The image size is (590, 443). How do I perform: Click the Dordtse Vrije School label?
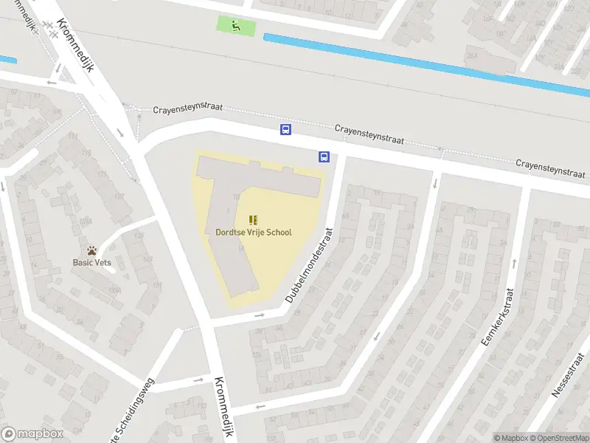point(253,233)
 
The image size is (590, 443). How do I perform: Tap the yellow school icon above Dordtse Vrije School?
point(253,219)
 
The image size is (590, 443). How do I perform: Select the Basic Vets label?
point(91,261)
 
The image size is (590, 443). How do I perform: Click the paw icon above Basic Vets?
point(91,250)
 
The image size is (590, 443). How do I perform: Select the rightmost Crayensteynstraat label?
point(550,168)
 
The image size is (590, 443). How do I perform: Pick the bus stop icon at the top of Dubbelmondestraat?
point(324,156)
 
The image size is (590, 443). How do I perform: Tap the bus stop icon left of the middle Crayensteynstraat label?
point(285,130)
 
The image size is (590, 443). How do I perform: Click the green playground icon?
point(236,26)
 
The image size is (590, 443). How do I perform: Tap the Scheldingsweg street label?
point(133,408)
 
